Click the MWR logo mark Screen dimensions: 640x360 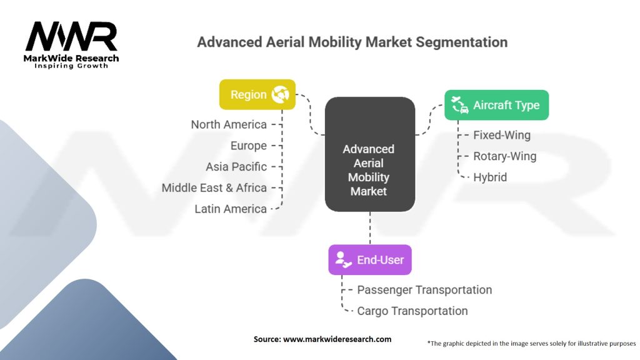[71, 36]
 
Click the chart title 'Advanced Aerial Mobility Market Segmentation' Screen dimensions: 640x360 [352, 42]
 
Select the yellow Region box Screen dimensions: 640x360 [257, 94]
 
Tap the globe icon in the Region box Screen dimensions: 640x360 [281, 94]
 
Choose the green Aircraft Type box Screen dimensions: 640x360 [496, 105]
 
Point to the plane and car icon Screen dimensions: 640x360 [460, 105]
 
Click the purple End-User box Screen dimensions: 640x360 [370, 259]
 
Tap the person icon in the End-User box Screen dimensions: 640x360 [343, 259]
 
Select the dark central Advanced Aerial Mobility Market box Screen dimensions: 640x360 [370, 154]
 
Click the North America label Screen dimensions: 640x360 [229, 124]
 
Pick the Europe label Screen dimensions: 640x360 [249, 146]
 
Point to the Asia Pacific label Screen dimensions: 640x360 [236, 167]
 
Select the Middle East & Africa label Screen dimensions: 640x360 [214, 187]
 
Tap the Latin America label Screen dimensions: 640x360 [231, 209]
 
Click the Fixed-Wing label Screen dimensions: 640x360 [502, 135]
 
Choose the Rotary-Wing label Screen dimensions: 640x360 [505, 156]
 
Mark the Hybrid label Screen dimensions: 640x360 [490, 177]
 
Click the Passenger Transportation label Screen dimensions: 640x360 [424, 290]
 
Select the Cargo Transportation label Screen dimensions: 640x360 [412, 311]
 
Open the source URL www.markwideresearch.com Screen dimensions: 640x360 [337, 339]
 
